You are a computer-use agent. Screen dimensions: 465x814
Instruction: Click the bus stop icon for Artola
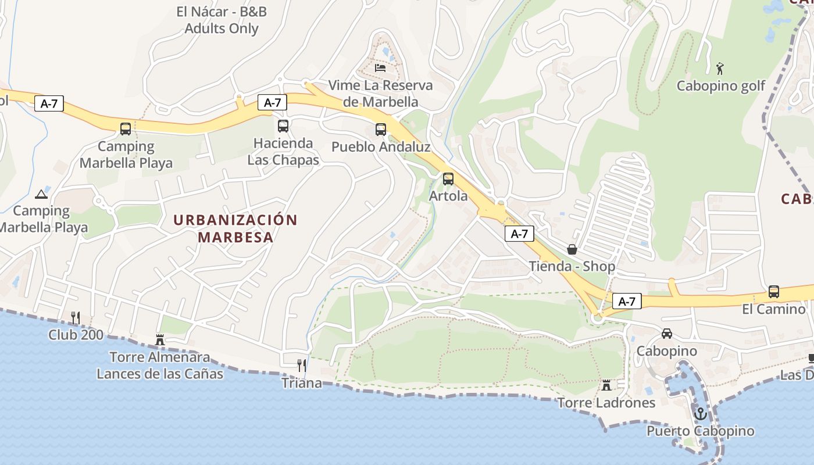[x=448, y=179]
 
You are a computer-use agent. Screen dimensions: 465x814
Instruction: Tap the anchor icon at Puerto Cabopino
[x=701, y=414]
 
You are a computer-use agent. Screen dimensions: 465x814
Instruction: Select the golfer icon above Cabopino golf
[x=720, y=69]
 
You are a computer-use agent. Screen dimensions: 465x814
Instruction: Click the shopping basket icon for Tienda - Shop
[x=572, y=249]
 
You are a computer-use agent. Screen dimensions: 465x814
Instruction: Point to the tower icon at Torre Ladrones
[x=606, y=385]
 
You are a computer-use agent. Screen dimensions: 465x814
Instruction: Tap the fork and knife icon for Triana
[x=301, y=366]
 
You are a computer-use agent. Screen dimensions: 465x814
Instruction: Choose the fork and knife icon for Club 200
[x=76, y=317]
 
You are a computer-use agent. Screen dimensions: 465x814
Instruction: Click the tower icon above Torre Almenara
[x=160, y=339]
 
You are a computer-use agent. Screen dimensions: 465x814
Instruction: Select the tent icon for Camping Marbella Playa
[x=41, y=194]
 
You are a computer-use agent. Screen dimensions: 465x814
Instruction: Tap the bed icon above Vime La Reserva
[x=380, y=68]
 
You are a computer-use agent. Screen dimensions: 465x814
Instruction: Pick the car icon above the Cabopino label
[x=667, y=334]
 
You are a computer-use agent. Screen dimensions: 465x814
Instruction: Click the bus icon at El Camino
[x=774, y=292]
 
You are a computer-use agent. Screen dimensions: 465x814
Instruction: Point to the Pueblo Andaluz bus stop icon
[x=381, y=130]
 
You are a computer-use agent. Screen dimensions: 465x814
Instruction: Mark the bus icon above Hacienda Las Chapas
[x=283, y=126]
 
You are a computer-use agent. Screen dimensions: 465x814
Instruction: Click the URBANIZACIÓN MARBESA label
[x=235, y=228]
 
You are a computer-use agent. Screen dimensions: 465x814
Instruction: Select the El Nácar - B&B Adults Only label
[x=222, y=20]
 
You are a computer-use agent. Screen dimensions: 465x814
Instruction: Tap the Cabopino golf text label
[x=721, y=86]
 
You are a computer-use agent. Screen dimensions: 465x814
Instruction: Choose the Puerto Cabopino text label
[x=701, y=431]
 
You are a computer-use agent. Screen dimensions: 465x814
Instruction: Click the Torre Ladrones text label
[x=606, y=402]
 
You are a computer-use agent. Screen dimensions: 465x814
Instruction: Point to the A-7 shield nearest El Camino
[x=627, y=301]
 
